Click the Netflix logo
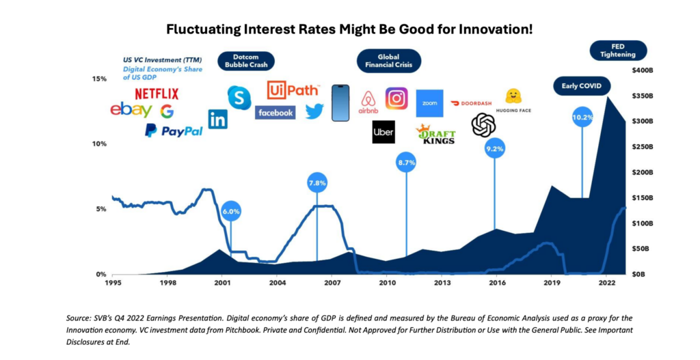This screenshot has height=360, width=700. coord(157,94)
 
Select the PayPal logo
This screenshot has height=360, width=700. coord(174,130)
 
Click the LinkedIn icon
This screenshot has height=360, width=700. coord(218,119)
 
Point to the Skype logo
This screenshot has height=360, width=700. coord(239,98)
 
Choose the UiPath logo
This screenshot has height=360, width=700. coord(288,90)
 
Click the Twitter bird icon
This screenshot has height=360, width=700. coord(314,111)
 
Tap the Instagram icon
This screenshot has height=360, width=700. coord(396,98)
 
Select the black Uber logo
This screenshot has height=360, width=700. coord(383,132)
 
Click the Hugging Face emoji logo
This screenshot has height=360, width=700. coord(513,96)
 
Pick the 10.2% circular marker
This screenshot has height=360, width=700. coord(582,117)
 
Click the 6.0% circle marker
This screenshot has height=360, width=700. coord(230,211)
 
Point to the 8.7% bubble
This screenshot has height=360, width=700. coord(406,163)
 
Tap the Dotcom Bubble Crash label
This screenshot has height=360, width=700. coord(245,61)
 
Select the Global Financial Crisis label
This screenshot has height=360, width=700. coord(388,61)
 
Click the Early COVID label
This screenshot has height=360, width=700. coord(581,86)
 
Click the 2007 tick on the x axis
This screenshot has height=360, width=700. coord(332,282)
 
